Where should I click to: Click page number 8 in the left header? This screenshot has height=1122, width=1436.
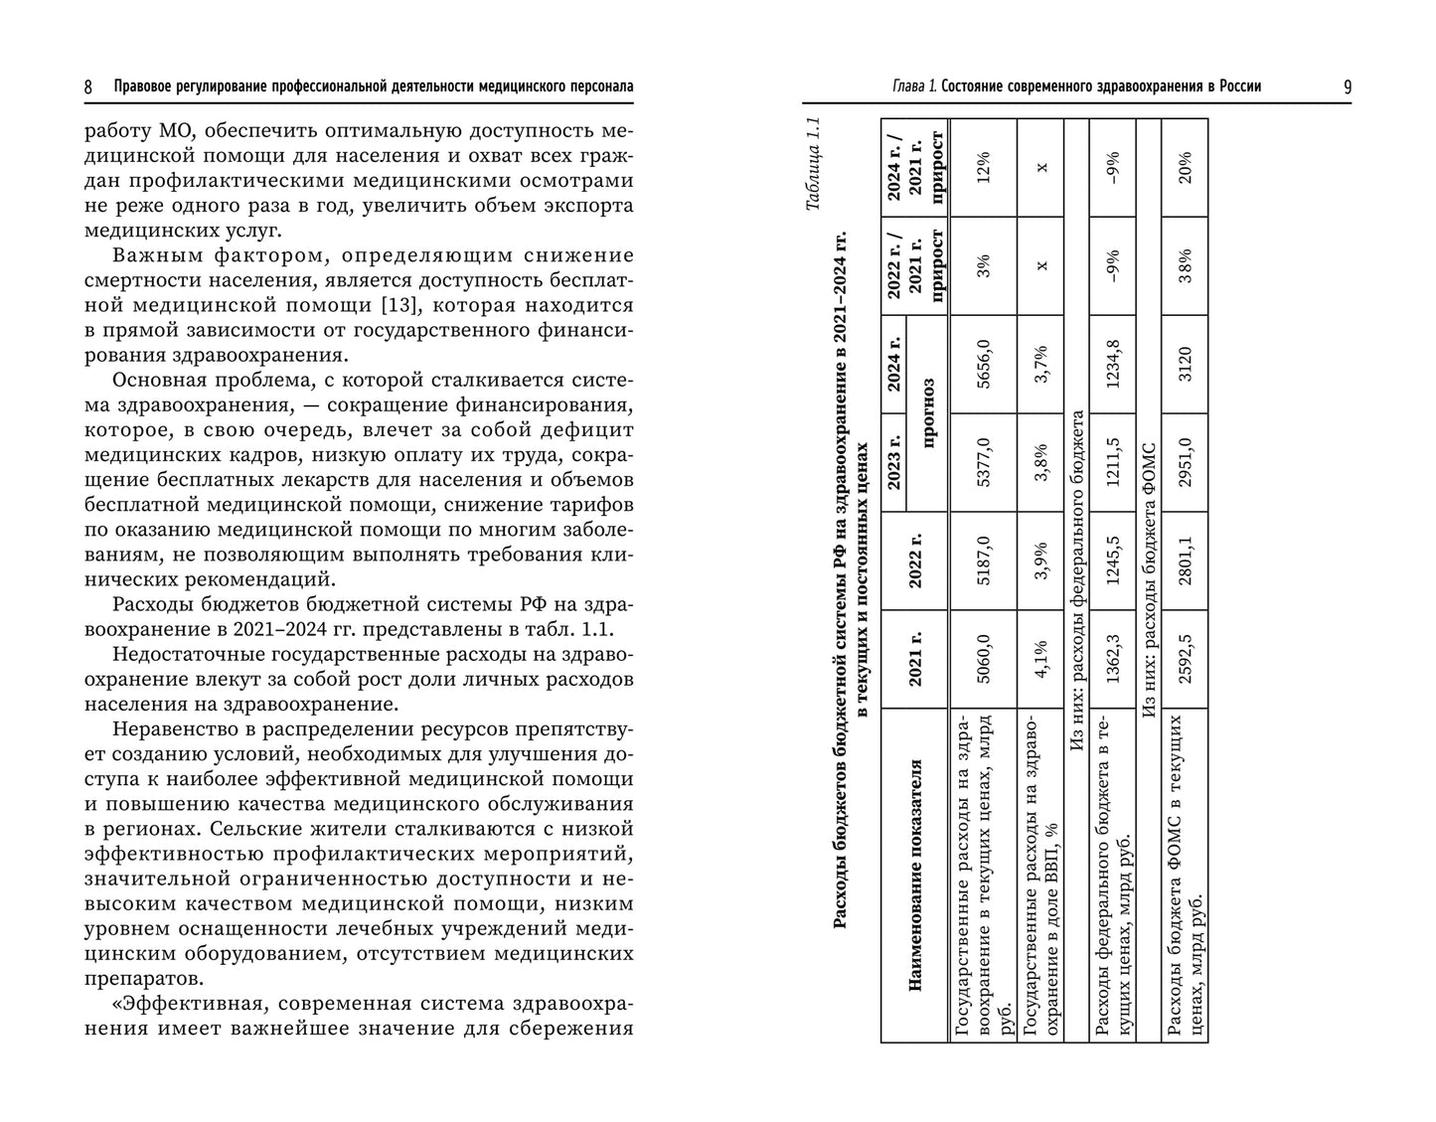point(88,87)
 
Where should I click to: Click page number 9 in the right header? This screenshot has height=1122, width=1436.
point(1348,87)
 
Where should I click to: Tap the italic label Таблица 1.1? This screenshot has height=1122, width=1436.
point(813,165)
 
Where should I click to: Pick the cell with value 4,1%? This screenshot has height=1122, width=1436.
point(1040,659)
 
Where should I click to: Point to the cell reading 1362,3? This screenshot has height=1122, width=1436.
point(1113,659)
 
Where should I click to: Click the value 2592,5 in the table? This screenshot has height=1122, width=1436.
point(1185,659)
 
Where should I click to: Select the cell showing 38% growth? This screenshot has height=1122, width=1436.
point(1185,265)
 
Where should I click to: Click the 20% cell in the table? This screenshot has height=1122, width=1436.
point(1185,162)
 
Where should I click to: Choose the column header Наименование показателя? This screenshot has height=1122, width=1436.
point(915,875)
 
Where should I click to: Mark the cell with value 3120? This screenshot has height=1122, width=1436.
point(1185,364)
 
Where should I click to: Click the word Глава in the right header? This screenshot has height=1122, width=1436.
point(908,87)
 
